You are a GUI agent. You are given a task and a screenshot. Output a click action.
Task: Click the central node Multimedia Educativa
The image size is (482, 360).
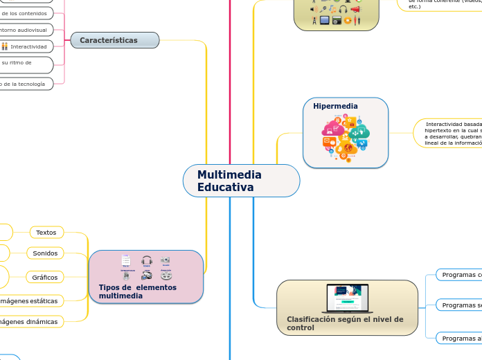[241, 181]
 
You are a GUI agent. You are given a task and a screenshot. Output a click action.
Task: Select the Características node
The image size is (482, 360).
[115, 40]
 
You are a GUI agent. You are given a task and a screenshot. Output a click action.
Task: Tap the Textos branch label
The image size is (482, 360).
[46, 233]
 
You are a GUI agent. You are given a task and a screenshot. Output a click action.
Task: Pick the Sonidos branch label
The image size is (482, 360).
[46, 253]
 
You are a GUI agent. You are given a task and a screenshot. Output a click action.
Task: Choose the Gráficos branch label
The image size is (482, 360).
[46, 277]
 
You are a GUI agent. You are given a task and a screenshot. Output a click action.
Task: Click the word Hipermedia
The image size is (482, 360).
[335, 107]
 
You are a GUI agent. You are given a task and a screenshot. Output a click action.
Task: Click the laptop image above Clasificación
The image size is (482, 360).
[347, 298]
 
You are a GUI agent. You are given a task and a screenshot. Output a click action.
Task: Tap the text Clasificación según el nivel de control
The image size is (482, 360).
[344, 323]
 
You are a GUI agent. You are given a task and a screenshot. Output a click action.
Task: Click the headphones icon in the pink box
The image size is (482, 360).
[147, 261]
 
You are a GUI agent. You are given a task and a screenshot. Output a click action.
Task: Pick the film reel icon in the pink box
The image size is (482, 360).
[166, 276]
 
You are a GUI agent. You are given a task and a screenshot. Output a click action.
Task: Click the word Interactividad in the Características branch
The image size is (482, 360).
[28, 46]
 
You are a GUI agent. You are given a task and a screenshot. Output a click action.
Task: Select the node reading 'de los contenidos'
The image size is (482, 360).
[25, 13]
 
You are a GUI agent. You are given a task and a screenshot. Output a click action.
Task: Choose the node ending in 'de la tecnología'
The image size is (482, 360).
[24, 84]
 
